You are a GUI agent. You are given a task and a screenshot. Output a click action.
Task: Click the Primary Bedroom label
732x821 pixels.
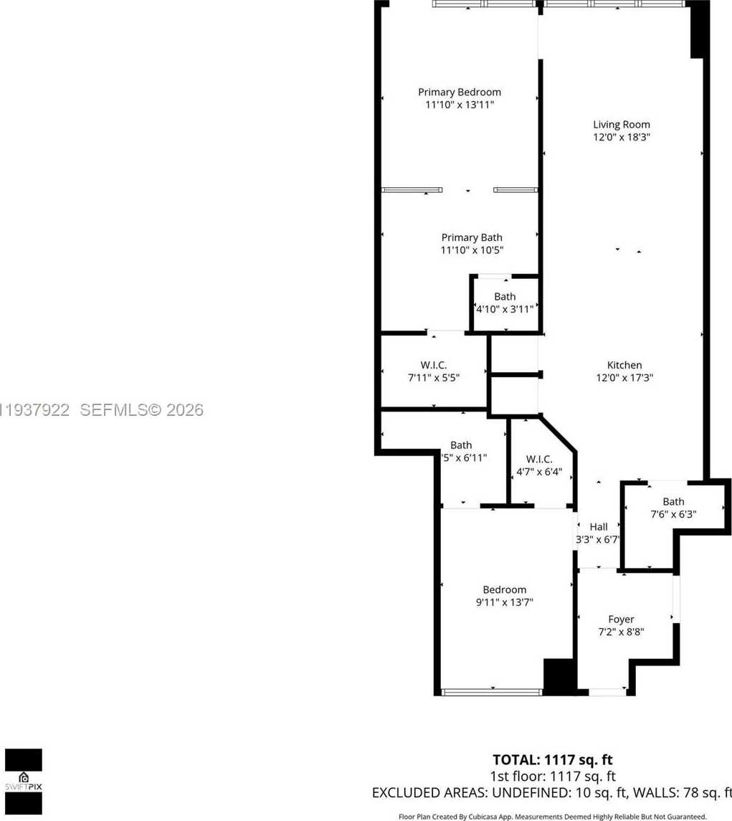pos(460,92)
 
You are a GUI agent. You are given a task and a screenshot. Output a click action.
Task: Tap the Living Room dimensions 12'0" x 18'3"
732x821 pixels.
pos(621,136)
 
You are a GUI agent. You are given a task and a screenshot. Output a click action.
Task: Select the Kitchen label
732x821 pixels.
pos(624,365)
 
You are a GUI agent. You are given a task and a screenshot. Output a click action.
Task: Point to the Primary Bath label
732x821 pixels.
pos(472,237)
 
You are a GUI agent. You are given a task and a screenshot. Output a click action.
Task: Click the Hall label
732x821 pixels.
pos(599,527)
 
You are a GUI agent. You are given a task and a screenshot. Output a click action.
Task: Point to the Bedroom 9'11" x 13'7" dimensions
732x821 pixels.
pos(505,602)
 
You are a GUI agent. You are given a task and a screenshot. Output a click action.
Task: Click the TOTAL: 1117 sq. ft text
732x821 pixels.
pos(553,759)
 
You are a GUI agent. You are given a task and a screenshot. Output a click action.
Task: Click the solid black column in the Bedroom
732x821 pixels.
pos(558,676)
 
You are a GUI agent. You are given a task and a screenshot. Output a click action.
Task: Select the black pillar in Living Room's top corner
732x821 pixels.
pos(698,30)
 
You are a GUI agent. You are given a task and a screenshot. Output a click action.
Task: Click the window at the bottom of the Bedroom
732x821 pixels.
pos(491,692)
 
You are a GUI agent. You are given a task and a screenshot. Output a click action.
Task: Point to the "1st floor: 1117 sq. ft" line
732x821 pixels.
pos(552,776)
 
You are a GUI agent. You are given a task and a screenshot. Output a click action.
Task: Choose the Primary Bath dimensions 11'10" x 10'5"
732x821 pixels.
pos(472,250)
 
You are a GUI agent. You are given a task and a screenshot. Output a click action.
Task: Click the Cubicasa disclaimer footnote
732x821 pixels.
pos(552,816)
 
